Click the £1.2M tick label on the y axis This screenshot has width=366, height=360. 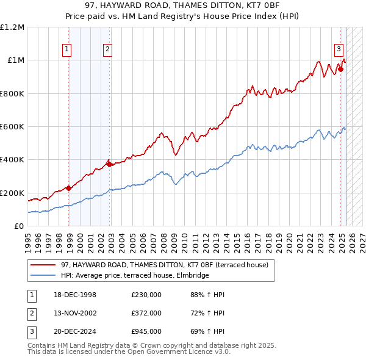tap(13, 27)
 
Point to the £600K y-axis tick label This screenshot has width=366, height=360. tap(12, 127)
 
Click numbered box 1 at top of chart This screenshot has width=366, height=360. tap(66, 50)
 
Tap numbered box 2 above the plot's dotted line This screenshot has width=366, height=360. tap(107, 50)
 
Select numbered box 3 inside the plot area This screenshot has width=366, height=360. tap(338, 50)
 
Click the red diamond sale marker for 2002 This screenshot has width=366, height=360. tap(109, 164)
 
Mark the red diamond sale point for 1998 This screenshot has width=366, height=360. tap(69, 188)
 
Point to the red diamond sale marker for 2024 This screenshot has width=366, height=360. tap(340, 69)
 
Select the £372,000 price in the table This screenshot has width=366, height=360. tap(146, 313)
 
